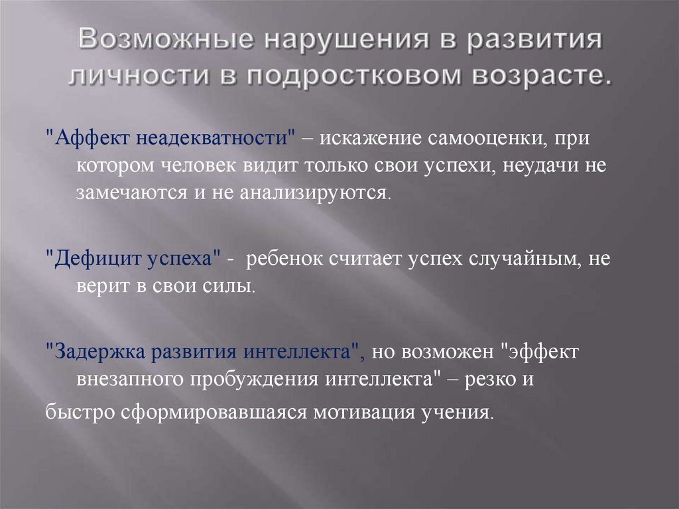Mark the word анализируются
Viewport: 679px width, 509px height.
tap(321, 193)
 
